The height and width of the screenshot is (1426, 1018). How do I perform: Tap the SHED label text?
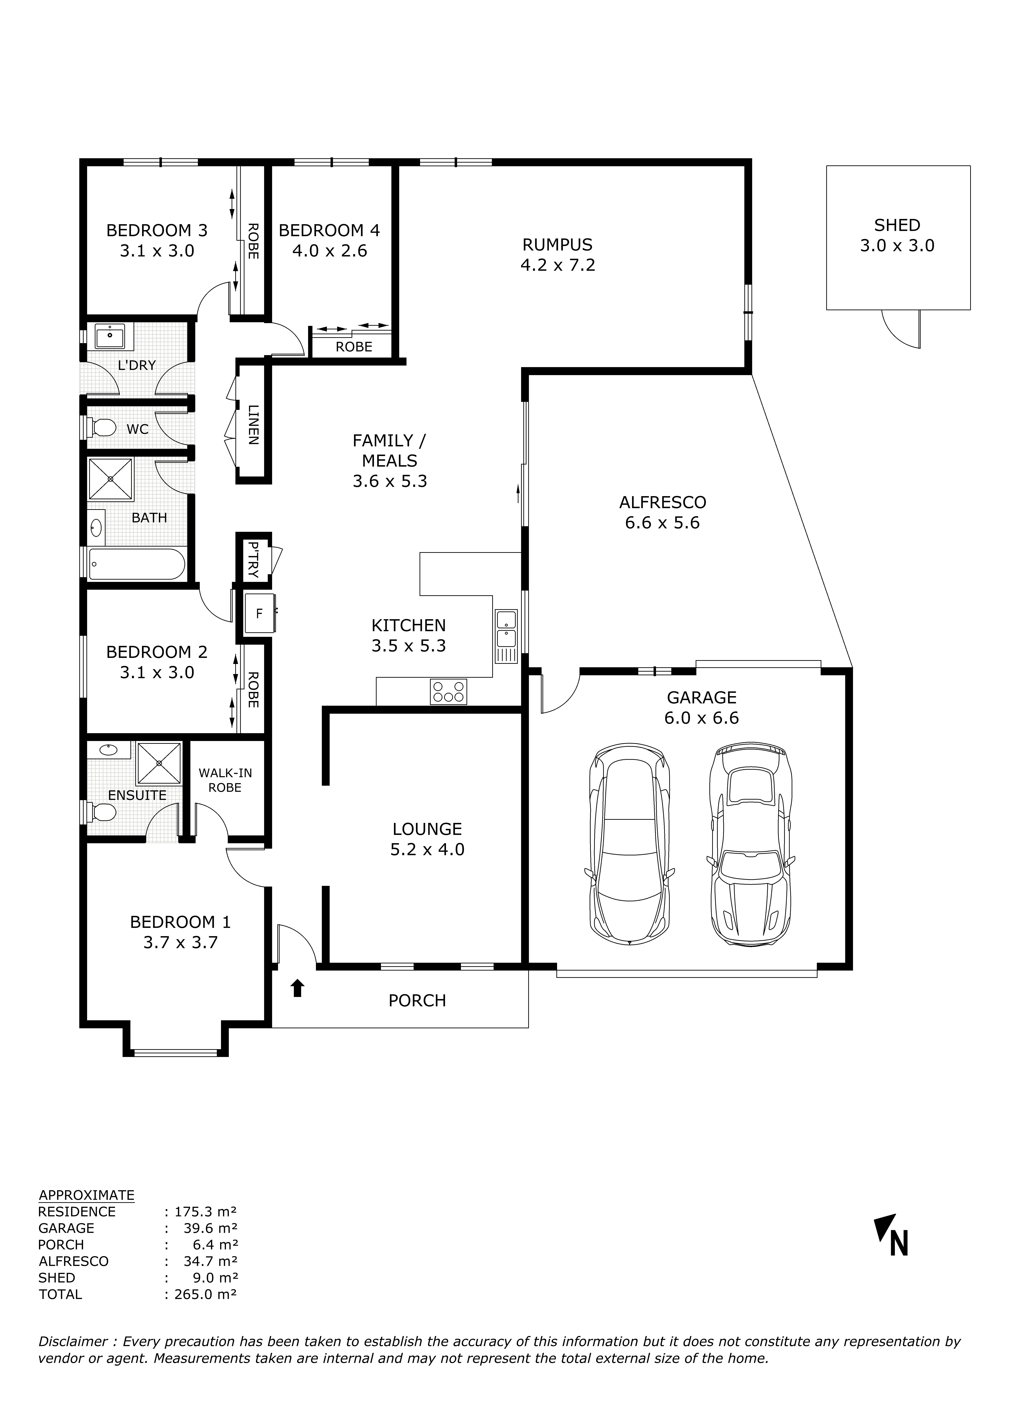(897, 225)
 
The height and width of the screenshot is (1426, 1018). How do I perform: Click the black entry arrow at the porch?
(297, 988)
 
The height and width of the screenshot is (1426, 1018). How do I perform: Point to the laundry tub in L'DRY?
(110, 336)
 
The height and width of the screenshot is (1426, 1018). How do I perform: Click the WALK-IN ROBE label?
(225, 780)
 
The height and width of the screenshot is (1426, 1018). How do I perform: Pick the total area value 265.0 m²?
(201, 1294)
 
